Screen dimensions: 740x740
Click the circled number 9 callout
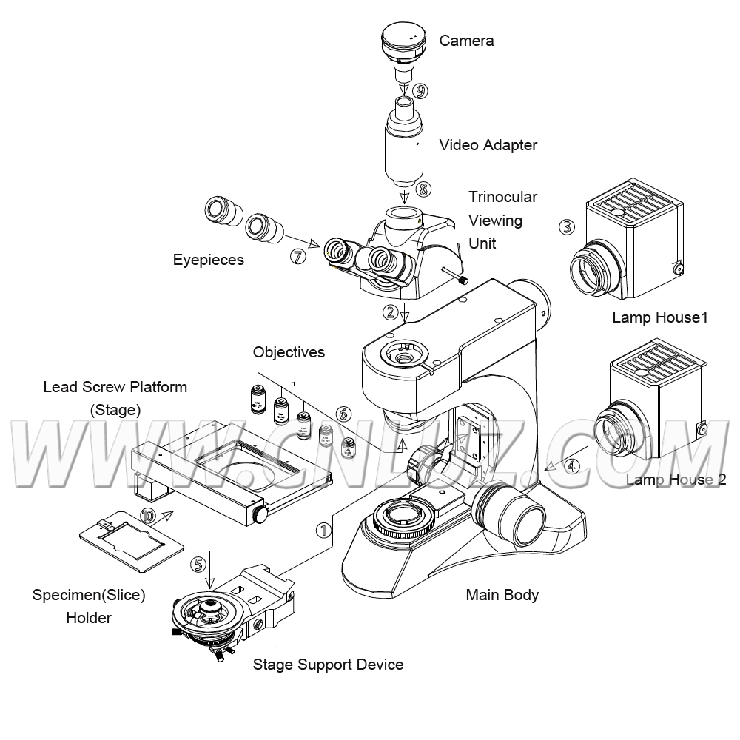point(420,91)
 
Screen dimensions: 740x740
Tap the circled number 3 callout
point(567,226)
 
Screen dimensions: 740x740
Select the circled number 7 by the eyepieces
point(298,256)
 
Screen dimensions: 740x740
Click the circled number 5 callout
point(198,563)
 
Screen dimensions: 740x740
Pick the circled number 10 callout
point(149,516)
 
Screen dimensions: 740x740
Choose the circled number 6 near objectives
point(342,414)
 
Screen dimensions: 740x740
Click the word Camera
point(466,41)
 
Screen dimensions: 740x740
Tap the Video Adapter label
point(488,145)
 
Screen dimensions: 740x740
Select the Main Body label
point(502,594)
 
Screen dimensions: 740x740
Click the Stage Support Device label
point(328,664)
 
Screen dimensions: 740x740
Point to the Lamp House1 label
point(660,317)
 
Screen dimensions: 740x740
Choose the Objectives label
point(289,352)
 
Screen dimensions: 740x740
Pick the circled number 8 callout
point(423,189)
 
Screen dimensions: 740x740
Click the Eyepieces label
point(208,260)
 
